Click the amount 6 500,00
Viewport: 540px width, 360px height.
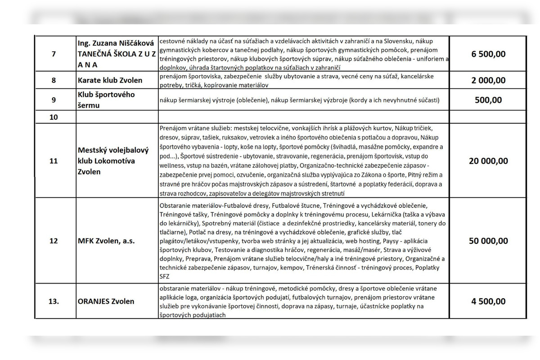(488, 54)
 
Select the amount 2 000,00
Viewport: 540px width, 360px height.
(488, 81)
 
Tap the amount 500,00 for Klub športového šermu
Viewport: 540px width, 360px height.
(488, 100)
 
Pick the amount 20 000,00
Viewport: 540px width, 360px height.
(488, 161)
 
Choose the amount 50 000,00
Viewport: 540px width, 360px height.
(488, 241)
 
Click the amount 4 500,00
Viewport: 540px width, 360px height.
(488, 301)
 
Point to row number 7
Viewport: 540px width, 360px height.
(54, 54)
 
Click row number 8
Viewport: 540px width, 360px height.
(54, 81)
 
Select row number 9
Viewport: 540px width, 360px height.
(54, 100)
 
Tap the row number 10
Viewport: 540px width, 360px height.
(54, 117)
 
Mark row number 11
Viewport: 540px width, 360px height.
(54, 161)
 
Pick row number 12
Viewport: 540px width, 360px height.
(54, 241)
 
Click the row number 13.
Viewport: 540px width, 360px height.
(54, 301)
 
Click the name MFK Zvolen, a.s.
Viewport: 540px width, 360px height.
(106, 241)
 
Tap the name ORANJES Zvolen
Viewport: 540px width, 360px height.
(106, 301)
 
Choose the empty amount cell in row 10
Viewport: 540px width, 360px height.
(488, 117)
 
